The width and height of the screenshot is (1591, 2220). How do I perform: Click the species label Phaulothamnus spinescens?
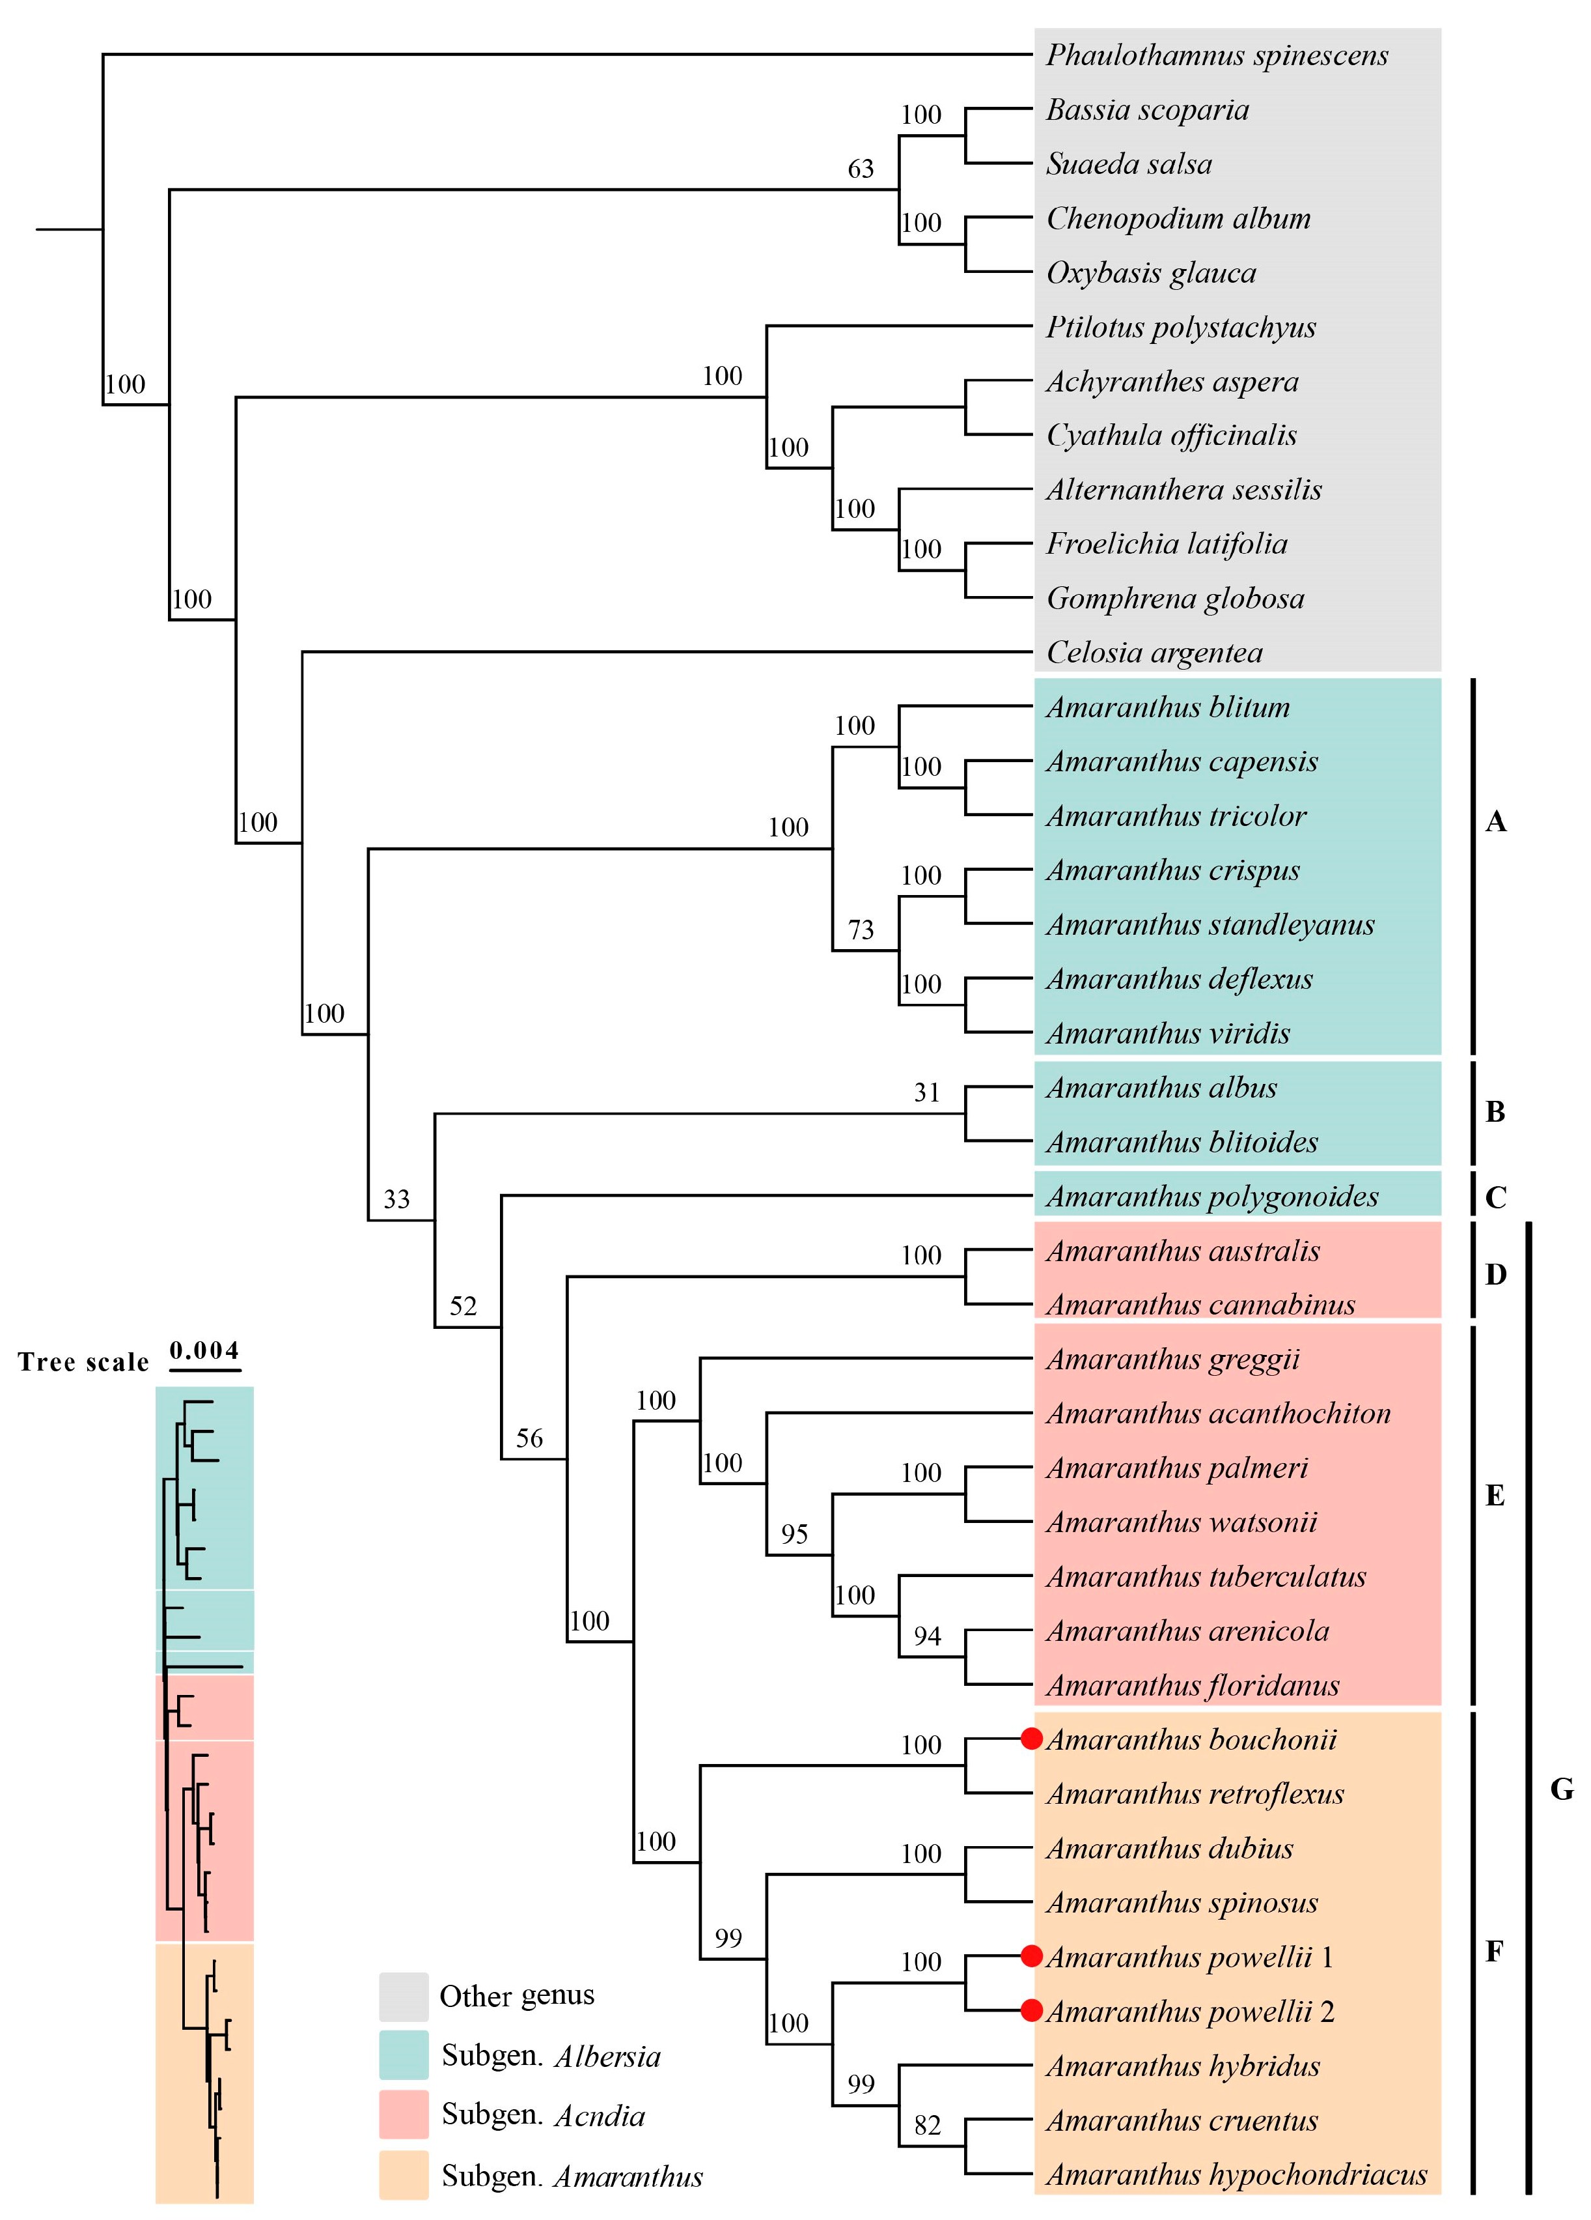(x=1216, y=55)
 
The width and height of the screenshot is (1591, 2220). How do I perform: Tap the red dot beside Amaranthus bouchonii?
(x=1031, y=1739)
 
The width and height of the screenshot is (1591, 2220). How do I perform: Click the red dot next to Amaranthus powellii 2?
(x=1031, y=2010)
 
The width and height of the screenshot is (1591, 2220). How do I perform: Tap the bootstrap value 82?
(x=926, y=2125)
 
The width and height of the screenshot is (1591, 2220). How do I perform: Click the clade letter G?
(x=1562, y=1789)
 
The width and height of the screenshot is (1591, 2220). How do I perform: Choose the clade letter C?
(x=1495, y=1197)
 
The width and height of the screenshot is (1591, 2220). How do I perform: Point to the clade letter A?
(x=1495, y=821)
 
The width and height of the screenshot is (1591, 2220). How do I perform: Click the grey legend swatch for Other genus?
(x=403, y=1996)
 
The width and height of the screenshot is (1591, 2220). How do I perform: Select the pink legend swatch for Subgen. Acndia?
(x=403, y=2114)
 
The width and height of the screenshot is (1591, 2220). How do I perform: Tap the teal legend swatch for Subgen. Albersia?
(x=403, y=2055)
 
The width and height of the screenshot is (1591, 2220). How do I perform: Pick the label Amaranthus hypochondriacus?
(x=1236, y=2174)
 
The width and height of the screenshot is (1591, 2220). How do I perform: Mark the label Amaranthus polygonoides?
(x=1211, y=1195)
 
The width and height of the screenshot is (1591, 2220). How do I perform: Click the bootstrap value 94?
(x=926, y=1636)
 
